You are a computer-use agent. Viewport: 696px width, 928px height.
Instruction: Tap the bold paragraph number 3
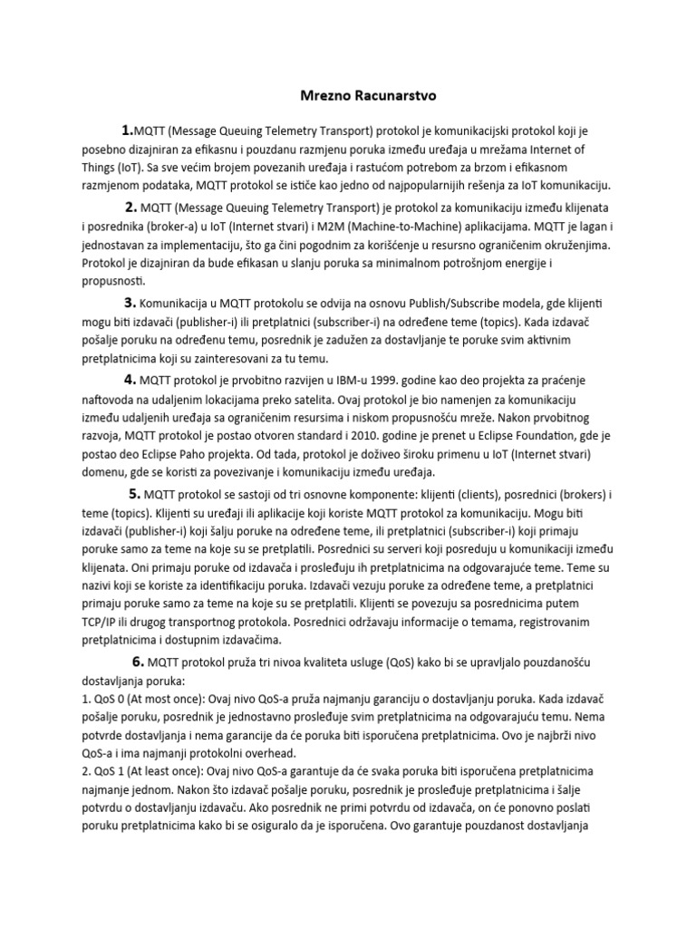coord(130,303)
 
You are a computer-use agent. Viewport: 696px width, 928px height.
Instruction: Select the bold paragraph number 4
coord(130,380)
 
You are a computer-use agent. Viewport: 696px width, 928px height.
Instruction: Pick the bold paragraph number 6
coord(138,660)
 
